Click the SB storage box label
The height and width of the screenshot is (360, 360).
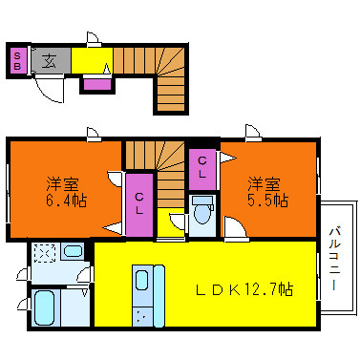17,61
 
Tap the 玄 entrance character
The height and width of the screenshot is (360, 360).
50,61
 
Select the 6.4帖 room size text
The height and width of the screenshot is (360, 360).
67,201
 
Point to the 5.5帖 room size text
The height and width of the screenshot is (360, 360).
268,201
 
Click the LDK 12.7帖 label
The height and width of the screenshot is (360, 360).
244,289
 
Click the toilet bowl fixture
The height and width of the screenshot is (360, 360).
202,211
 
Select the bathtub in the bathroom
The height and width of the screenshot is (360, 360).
44,308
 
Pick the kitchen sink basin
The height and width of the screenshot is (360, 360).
141,280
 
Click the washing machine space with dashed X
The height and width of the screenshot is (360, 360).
45,253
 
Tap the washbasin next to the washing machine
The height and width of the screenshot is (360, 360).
73,251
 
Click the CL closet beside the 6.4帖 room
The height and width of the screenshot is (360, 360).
139,205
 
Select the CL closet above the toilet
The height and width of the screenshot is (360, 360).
202,169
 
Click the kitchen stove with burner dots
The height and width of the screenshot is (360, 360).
142,316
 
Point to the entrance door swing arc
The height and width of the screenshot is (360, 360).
48,93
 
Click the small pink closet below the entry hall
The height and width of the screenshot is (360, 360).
97,84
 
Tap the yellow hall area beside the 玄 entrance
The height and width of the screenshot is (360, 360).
92,60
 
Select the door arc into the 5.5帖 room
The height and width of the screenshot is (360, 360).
238,223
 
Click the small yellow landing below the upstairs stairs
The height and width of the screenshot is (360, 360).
171,222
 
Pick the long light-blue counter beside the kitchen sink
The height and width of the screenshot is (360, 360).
159,295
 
